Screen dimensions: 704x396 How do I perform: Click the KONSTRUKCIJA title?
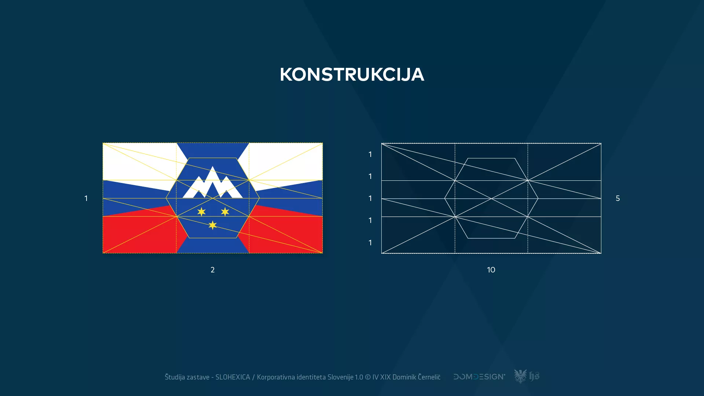pos(352,74)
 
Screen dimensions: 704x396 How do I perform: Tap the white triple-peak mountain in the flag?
pos(213,183)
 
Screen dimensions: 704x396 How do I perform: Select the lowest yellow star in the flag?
pos(213,225)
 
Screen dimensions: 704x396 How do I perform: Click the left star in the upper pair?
pos(201,212)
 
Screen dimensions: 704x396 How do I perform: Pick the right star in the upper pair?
pos(225,212)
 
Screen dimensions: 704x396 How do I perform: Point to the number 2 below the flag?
pos(213,270)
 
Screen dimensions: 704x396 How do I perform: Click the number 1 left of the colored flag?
pos(86,198)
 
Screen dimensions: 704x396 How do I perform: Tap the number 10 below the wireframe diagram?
pos(491,270)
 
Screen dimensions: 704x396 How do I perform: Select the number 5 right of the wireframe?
pos(618,198)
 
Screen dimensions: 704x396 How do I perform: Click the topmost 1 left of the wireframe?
pos(370,154)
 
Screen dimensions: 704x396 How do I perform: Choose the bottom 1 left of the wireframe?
pos(370,243)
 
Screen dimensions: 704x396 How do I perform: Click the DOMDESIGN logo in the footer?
pos(479,377)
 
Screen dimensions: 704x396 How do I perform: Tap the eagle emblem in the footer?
pos(520,376)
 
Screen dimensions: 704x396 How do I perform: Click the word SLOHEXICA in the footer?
pos(232,377)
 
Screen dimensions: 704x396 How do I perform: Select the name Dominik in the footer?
pos(404,377)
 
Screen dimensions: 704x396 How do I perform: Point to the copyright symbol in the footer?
pos(368,377)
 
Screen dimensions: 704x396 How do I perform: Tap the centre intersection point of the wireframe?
pos(491,199)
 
